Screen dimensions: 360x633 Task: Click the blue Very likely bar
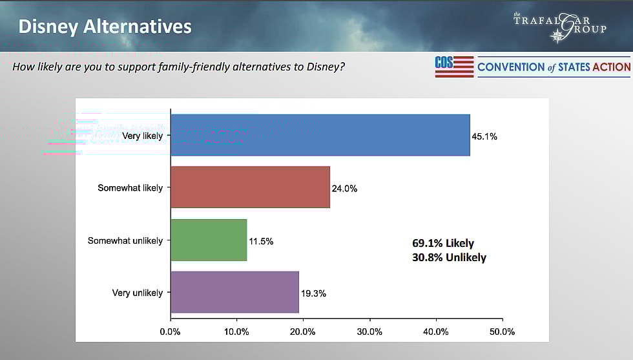coord(320,135)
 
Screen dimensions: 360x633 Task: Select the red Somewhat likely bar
coord(250,187)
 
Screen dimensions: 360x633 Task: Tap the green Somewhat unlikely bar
coord(209,240)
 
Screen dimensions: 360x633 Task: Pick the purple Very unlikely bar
coord(234,292)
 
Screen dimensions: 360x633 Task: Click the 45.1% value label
coord(484,137)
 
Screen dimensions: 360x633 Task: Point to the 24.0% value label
coord(344,189)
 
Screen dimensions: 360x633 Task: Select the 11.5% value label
coord(261,241)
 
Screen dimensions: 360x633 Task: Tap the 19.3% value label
coord(313,293)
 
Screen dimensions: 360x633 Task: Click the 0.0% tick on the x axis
coord(170,332)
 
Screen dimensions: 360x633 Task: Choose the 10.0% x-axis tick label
coord(236,332)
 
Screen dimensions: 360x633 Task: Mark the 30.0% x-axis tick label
coord(369,332)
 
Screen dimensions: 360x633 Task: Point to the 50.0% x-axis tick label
coord(502,332)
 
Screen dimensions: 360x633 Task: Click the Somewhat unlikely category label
coord(125,240)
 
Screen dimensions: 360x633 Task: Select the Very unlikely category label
coord(138,293)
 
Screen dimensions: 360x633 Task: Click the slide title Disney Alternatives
coord(105,26)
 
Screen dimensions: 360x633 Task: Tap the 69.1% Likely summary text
coord(443,244)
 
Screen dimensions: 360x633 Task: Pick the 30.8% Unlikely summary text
coord(449,257)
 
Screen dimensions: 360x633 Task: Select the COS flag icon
coord(454,67)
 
